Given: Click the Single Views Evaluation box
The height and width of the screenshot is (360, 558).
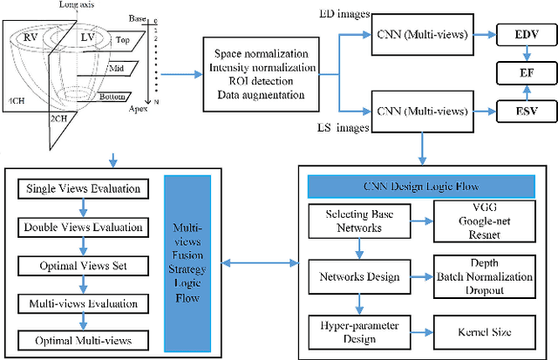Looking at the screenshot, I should (83, 188).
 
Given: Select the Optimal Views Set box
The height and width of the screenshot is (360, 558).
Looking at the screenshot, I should (83, 264).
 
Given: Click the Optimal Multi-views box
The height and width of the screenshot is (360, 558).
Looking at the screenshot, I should (83, 339).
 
